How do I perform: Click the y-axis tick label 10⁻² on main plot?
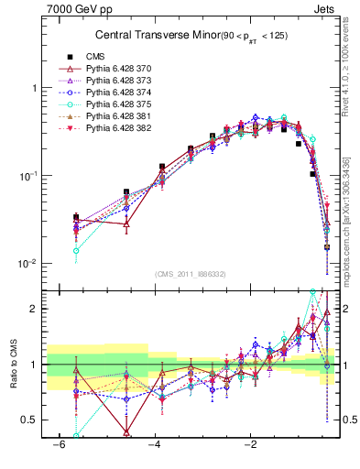coord(27,264)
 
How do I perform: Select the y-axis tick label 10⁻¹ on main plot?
coord(27,176)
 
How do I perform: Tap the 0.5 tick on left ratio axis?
coord(28,420)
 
